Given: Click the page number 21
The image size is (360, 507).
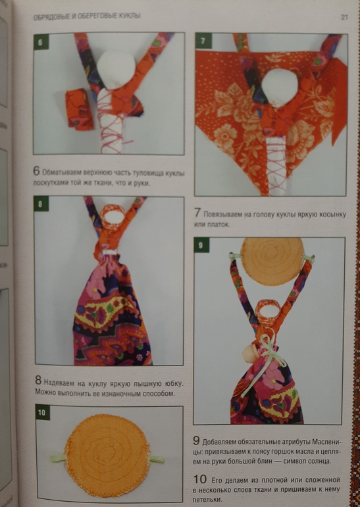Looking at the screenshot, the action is (x=344, y=17).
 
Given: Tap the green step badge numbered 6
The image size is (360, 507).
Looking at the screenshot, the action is (x=41, y=42).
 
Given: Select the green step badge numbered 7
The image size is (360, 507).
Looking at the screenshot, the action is (x=203, y=41).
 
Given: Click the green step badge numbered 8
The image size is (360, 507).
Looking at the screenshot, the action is (x=41, y=204).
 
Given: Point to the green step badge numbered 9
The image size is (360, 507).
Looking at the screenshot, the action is (x=201, y=246).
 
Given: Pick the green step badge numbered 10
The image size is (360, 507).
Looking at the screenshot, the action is (x=42, y=413).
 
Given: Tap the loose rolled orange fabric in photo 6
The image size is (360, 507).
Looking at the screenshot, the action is (x=79, y=109).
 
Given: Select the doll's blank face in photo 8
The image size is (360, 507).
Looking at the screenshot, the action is (x=111, y=216).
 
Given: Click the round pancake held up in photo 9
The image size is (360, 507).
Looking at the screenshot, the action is (x=272, y=261).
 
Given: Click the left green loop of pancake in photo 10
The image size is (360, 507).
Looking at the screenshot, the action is (x=58, y=458).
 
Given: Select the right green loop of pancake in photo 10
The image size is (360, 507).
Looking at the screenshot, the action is (x=156, y=459).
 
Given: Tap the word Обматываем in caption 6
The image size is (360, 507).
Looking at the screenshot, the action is (x=62, y=173).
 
